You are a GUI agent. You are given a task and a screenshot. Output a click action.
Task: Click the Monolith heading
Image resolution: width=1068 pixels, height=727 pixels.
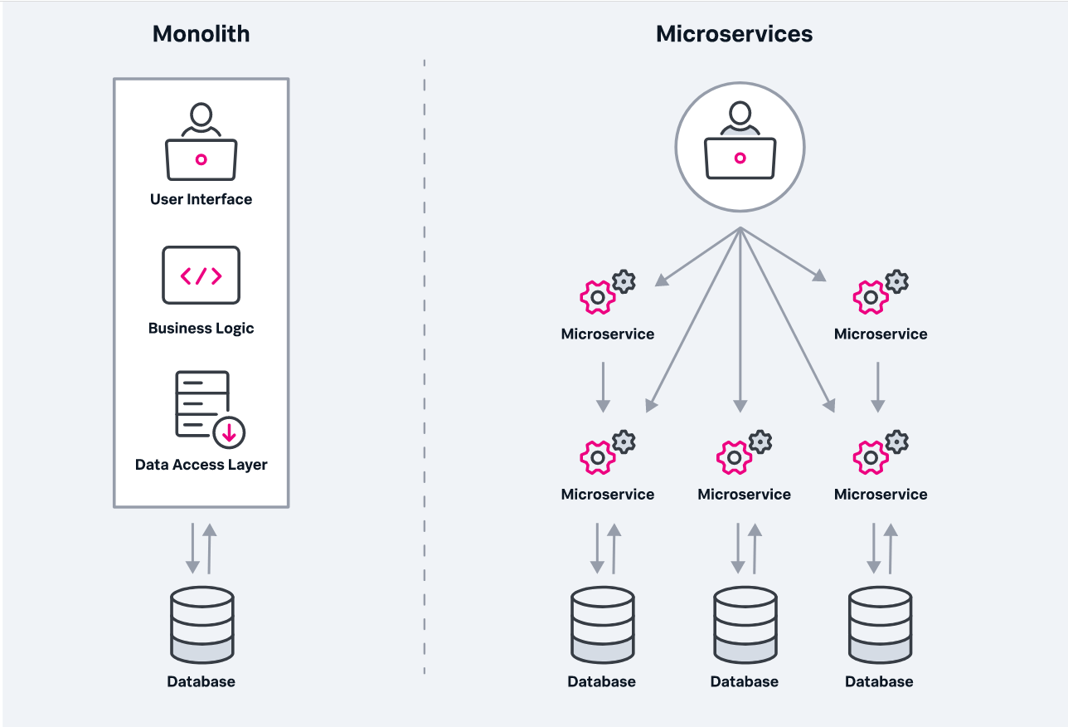pos(201,34)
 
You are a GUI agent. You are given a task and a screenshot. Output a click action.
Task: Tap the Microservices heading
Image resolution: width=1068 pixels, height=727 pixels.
pos(734,34)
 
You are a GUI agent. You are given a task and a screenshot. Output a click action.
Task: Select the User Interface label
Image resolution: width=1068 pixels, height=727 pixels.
pos(201,199)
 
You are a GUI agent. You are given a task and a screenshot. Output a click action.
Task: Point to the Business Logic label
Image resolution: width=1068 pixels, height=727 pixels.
pos(201,328)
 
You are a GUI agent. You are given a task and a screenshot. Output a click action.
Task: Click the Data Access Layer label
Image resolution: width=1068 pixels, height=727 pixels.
pos(201,465)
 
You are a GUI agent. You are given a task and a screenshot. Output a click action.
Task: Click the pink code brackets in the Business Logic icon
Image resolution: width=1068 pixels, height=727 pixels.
pos(201,276)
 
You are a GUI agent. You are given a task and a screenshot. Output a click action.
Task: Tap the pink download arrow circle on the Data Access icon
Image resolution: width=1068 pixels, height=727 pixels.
pos(228,432)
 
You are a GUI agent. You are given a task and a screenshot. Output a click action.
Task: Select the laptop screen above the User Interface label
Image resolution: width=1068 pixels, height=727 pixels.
pos(201,159)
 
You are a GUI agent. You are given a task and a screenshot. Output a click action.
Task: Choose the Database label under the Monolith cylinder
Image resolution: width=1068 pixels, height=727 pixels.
pos(201,681)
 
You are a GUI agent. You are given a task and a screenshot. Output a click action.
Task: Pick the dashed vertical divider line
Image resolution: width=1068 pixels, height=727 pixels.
pos(425,365)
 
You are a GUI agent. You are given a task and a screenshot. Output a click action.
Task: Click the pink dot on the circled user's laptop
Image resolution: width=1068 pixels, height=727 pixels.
pos(740,158)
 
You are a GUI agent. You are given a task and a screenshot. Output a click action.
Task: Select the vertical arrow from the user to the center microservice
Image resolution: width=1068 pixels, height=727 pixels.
pos(740,324)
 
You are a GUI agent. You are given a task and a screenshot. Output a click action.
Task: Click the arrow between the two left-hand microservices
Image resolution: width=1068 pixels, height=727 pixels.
pos(603,386)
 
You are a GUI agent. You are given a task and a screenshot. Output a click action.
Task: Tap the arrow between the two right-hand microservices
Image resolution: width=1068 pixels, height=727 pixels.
pos(878,386)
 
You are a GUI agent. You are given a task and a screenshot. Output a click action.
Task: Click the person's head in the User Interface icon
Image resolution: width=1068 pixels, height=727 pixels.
pos(201,115)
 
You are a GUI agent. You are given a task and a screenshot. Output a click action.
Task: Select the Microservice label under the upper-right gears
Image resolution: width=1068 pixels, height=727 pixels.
pos(881,334)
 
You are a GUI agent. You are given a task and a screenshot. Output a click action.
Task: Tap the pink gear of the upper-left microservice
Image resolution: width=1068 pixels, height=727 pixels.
pos(597,297)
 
